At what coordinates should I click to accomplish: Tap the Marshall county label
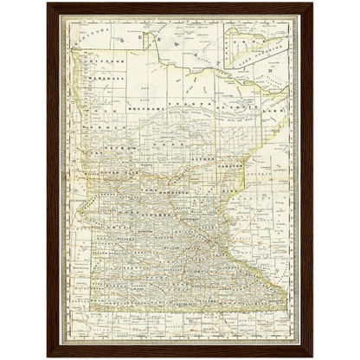point(105,77)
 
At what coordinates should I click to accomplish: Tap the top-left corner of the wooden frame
point(47,3)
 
